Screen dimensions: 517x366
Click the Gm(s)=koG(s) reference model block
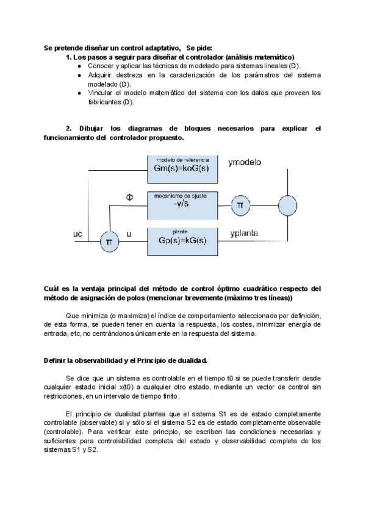182,168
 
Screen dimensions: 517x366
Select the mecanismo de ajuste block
182,205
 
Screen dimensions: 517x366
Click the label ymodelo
245,163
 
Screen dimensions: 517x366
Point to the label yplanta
244,234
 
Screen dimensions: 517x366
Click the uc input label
77,234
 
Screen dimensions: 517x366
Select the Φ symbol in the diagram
129,197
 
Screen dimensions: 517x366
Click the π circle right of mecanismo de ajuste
240,205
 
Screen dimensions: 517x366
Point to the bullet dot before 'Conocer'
80,66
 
